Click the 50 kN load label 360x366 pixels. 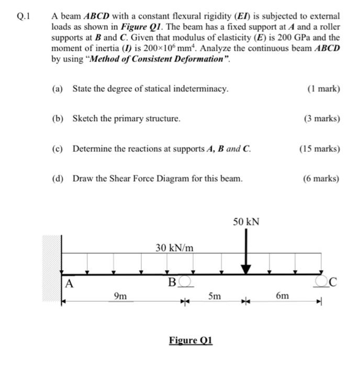click(x=246, y=222)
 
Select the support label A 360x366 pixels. click(x=69, y=284)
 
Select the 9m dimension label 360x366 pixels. click(x=120, y=296)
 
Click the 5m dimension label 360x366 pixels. click(x=214, y=296)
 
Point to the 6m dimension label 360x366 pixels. click(x=282, y=296)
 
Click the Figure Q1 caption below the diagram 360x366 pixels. click(x=190, y=340)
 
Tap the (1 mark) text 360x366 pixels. click(x=324, y=89)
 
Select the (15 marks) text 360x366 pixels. click(x=319, y=148)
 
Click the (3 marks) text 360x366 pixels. click(x=321, y=119)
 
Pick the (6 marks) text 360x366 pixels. click(x=321, y=179)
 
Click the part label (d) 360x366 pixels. click(x=58, y=179)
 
